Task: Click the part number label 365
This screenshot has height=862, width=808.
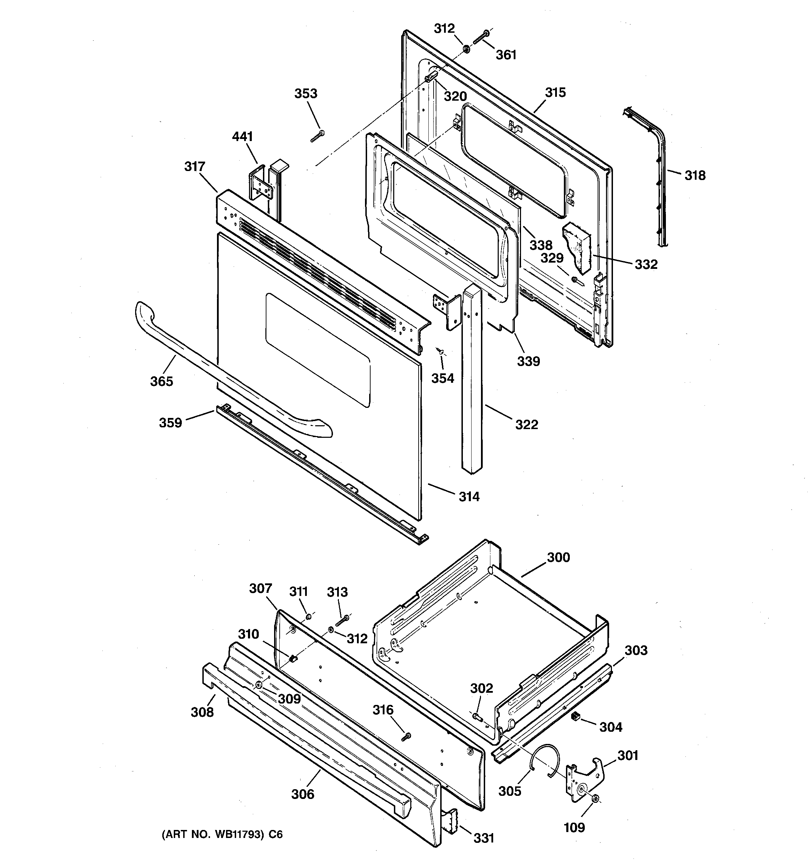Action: [x=161, y=382]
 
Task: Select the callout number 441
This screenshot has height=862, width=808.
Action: [x=242, y=137]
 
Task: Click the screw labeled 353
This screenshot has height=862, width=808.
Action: [x=318, y=136]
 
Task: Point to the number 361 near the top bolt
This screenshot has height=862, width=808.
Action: [x=506, y=55]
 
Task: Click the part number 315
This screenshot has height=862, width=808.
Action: [x=555, y=92]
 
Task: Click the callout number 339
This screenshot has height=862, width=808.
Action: [x=528, y=361]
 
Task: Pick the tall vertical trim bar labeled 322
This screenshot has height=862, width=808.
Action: [x=472, y=382]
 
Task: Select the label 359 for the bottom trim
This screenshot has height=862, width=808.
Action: [x=170, y=422]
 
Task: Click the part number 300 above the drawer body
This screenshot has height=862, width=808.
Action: [x=558, y=557]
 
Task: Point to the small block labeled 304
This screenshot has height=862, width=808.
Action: [x=576, y=717]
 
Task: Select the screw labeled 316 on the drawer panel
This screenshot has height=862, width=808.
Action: [x=406, y=736]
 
